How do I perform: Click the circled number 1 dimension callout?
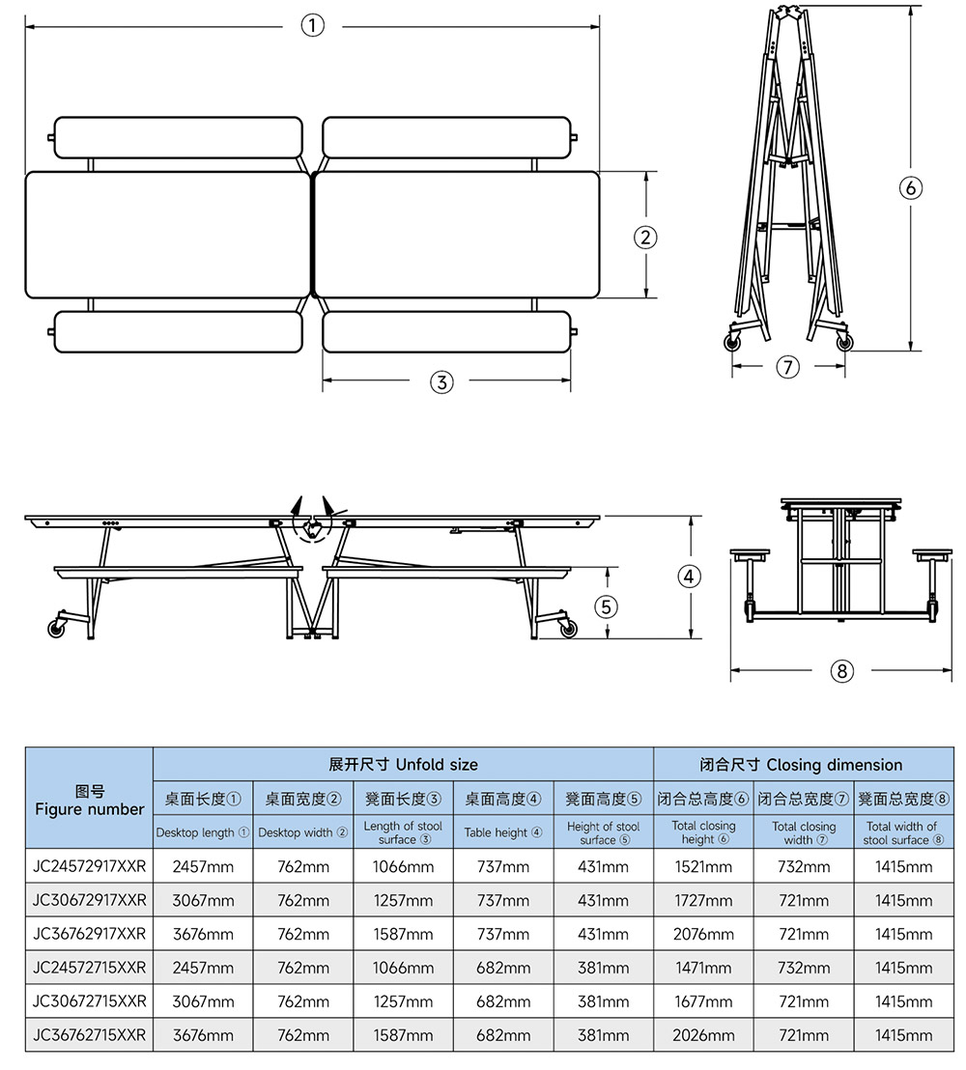pyautogui.click(x=312, y=26)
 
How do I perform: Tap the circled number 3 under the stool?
pyautogui.click(x=440, y=381)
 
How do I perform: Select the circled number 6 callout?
pyautogui.click(x=910, y=187)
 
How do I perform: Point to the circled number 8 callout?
pyautogui.click(x=842, y=670)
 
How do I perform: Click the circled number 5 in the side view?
pyautogui.click(x=607, y=606)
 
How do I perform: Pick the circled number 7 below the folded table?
pyautogui.click(x=789, y=367)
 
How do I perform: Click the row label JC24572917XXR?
pyautogui.click(x=90, y=866)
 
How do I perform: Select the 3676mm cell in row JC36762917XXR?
pyautogui.click(x=203, y=934)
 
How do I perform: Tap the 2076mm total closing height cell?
pyautogui.click(x=703, y=934)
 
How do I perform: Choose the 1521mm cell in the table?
pyautogui.click(x=703, y=866)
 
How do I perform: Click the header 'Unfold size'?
pyautogui.click(x=403, y=765)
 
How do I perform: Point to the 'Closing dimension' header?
pyautogui.click(x=801, y=765)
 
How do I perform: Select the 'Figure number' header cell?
pyautogui.click(x=90, y=800)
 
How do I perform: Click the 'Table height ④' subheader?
pyautogui.click(x=502, y=832)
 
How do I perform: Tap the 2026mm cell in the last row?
pyautogui.click(x=703, y=1035)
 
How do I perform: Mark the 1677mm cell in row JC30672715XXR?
pyautogui.click(x=703, y=1001)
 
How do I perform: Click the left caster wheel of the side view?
pyautogui.click(x=57, y=628)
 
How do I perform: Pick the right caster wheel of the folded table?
pyautogui.click(x=845, y=343)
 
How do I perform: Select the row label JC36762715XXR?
pyautogui.click(x=90, y=1035)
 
